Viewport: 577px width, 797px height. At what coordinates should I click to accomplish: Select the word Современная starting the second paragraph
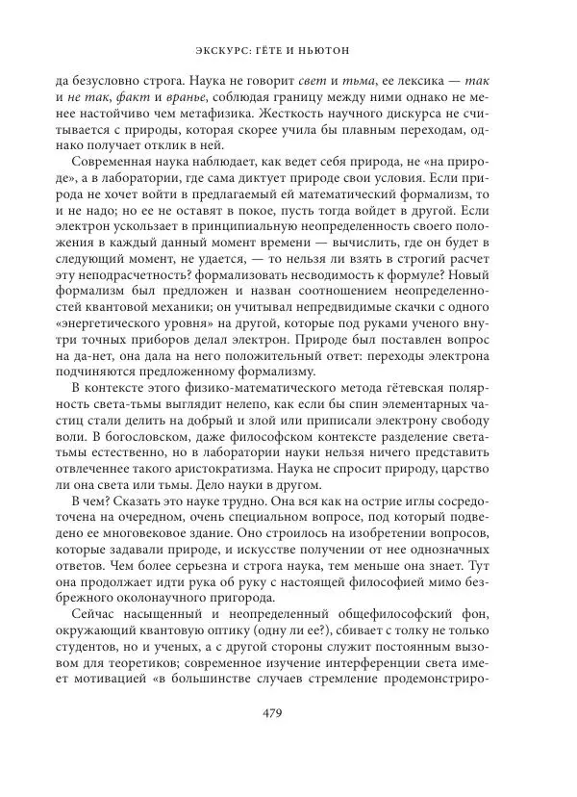click(x=116, y=167)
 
